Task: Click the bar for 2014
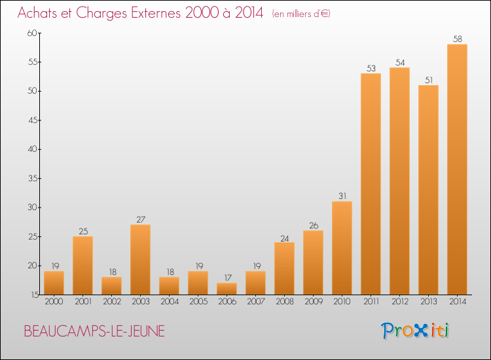pyautogui.click(x=457, y=170)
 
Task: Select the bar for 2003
pyautogui.click(x=140, y=259)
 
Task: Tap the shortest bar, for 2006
pyautogui.click(x=227, y=289)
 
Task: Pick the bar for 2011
pyautogui.click(x=371, y=184)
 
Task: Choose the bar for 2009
pyautogui.click(x=313, y=262)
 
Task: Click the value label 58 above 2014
pyautogui.click(x=457, y=39)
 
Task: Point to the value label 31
pyautogui.click(x=342, y=196)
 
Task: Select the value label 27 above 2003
pyautogui.click(x=141, y=219)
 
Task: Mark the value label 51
pyautogui.click(x=429, y=80)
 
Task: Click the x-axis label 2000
pyautogui.click(x=54, y=302)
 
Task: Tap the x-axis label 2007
pyautogui.click(x=256, y=302)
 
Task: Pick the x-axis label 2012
pyautogui.click(x=400, y=302)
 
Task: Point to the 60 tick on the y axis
pyautogui.click(x=32, y=33)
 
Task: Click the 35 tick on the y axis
pyautogui.click(x=33, y=179)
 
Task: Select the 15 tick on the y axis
pyautogui.click(x=35, y=295)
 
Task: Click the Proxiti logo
pyautogui.click(x=415, y=331)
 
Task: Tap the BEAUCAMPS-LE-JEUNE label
pyautogui.click(x=94, y=331)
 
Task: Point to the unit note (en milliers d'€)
pyautogui.click(x=301, y=14)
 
